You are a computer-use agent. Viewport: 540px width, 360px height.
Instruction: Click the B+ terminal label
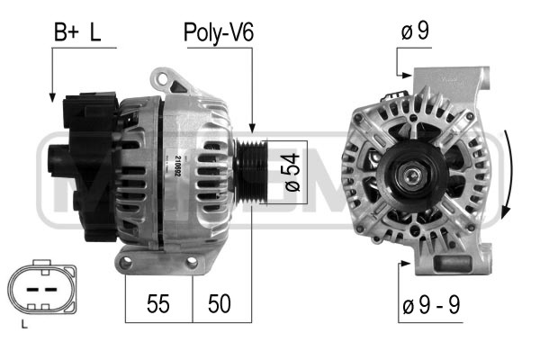pos(67,32)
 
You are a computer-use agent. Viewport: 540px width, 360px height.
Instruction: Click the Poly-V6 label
pos(219,32)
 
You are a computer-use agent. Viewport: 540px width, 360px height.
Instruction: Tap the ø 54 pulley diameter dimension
pos(292,172)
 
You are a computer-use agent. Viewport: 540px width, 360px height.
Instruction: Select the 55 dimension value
pos(158,303)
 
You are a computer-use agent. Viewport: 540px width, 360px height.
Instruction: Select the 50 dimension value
pos(220,303)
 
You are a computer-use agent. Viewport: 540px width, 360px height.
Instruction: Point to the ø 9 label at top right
pos(415,31)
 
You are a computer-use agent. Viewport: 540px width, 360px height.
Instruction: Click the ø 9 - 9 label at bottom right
pos(431,304)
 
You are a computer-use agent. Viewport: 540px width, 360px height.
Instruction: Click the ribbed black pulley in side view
pos(251,172)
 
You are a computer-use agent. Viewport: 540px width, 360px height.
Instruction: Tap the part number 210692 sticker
pos(177,166)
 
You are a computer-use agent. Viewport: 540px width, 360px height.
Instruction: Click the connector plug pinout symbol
pos(42,287)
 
